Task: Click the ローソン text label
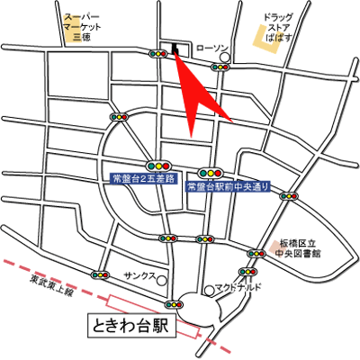click(212, 49)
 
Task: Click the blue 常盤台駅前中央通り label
click(229, 186)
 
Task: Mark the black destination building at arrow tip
click(174, 49)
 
